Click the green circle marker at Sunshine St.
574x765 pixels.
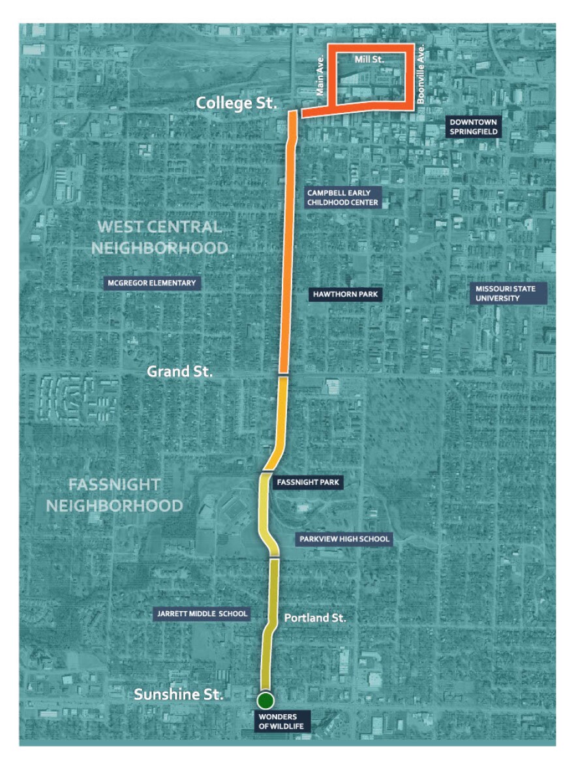(x=265, y=700)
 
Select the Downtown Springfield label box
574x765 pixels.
(x=474, y=127)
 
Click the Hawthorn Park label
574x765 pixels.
(x=345, y=295)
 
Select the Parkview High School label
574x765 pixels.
(x=344, y=539)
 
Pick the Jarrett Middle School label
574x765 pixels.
(x=202, y=614)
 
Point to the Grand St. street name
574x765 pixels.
(x=179, y=372)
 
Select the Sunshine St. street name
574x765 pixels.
(x=179, y=695)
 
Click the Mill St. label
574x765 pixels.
(x=369, y=59)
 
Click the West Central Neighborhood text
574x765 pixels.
(x=160, y=237)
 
